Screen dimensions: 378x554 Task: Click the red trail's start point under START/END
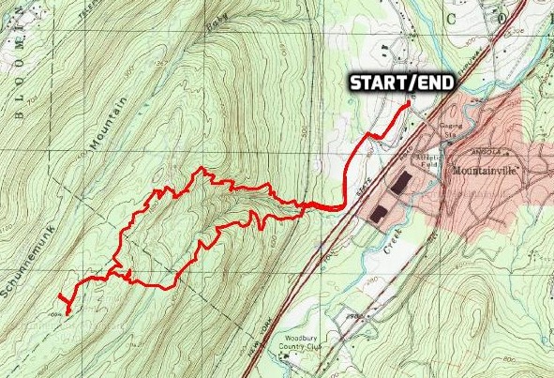pyautogui.click(x=405, y=104)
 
